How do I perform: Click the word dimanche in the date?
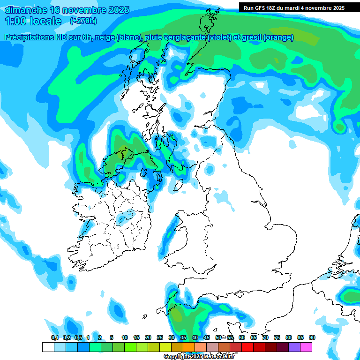25,10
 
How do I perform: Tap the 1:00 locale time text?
33,21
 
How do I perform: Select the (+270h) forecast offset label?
83,21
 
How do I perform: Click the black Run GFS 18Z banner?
294,7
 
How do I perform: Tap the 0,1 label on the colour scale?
54,338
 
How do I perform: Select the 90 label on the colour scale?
312,338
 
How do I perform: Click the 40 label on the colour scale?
195,338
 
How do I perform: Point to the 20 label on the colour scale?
148,338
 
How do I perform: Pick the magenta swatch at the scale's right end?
306,347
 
